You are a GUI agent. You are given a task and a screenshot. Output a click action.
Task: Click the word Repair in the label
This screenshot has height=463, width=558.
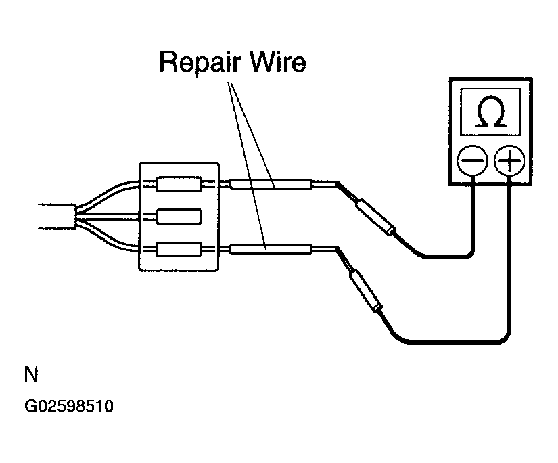(200, 63)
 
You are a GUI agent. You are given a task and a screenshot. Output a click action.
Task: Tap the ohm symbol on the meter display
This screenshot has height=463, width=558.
(491, 112)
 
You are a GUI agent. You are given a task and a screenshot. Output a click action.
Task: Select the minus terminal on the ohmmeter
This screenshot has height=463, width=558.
(472, 160)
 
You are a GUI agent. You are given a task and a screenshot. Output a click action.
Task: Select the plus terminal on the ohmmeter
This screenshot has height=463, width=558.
(509, 160)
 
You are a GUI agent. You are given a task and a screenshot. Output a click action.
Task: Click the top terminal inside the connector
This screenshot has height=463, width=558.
(179, 183)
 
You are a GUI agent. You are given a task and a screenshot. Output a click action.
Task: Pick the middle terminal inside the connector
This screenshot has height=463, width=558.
(179, 217)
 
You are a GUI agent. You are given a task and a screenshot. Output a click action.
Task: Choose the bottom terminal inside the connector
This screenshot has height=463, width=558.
(179, 249)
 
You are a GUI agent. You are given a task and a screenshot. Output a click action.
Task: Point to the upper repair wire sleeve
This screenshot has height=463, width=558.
(271, 183)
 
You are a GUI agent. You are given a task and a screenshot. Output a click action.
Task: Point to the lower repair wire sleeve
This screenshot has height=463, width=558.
(271, 249)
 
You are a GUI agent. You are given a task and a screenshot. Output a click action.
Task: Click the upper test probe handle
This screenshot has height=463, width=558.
(375, 217)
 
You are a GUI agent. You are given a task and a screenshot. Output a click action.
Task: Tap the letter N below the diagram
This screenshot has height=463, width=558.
(31, 374)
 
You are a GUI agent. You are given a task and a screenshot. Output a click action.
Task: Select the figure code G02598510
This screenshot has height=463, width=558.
(69, 406)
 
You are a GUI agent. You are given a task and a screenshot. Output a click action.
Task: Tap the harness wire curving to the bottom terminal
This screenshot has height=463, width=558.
(107, 240)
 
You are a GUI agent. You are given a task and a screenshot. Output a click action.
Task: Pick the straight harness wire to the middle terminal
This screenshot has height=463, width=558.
(108, 217)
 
